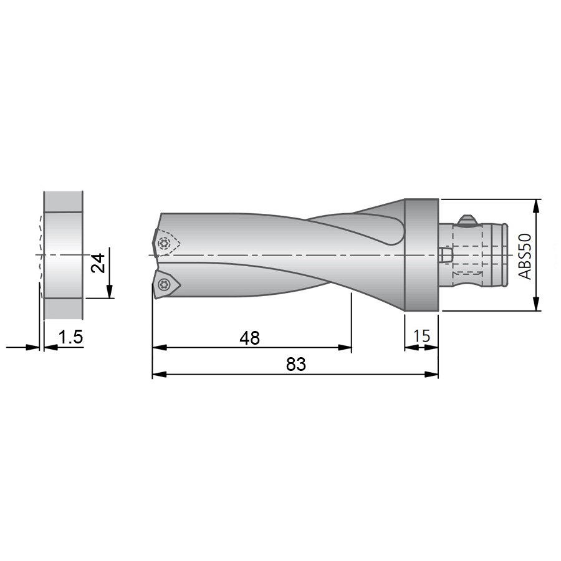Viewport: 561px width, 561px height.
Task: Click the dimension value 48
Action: pos(250,338)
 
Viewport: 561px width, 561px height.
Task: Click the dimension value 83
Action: pos(296,365)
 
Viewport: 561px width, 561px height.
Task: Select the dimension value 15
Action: pos(421,336)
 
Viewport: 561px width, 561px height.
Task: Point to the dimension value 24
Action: pos(98,263)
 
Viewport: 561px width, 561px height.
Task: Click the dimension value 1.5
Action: pos(70,337)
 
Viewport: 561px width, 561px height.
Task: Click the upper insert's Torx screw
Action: pos(164,243)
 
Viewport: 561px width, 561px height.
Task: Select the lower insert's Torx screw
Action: pos(163,285)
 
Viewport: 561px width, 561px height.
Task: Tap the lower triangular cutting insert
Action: pos(166,284)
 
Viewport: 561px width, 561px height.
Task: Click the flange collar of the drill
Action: pos(421,255)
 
